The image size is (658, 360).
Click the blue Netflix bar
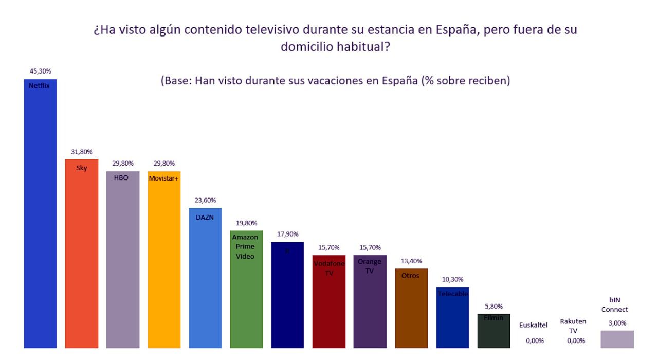point(40,216)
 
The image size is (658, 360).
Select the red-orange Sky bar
point(82,257)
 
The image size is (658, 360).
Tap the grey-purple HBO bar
point(122,262)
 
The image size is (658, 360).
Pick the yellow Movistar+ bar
point(164,262)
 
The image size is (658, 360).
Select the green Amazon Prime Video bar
point(246,293)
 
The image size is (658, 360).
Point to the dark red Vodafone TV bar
point(329,303)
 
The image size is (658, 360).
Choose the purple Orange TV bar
point(370,303)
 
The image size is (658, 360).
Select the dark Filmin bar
point(493,332)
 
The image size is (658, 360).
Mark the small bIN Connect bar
point(617,339)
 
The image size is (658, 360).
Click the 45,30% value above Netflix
point(40,71)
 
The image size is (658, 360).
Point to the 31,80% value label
point(82,152)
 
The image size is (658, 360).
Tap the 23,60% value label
point(205,201)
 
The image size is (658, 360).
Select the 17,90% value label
point(287,235)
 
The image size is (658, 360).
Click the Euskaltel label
point(534,325)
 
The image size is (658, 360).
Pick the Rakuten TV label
point(573,325)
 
